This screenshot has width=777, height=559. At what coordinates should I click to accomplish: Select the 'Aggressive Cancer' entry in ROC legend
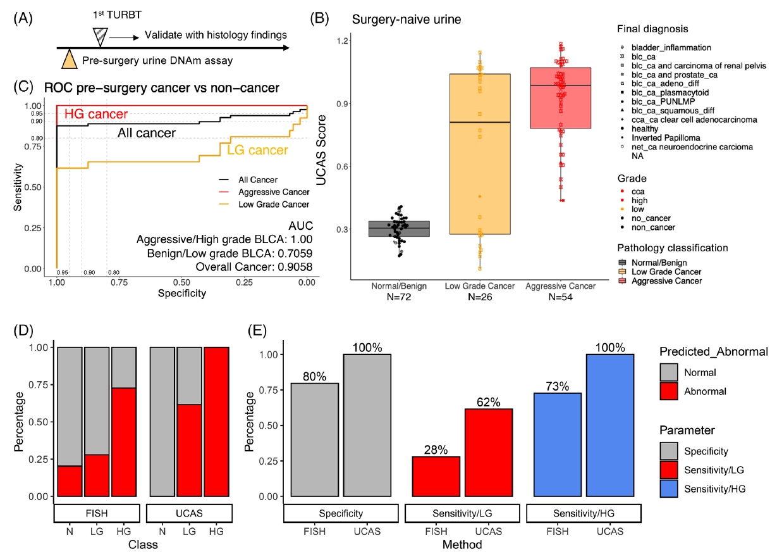(266, 192)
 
